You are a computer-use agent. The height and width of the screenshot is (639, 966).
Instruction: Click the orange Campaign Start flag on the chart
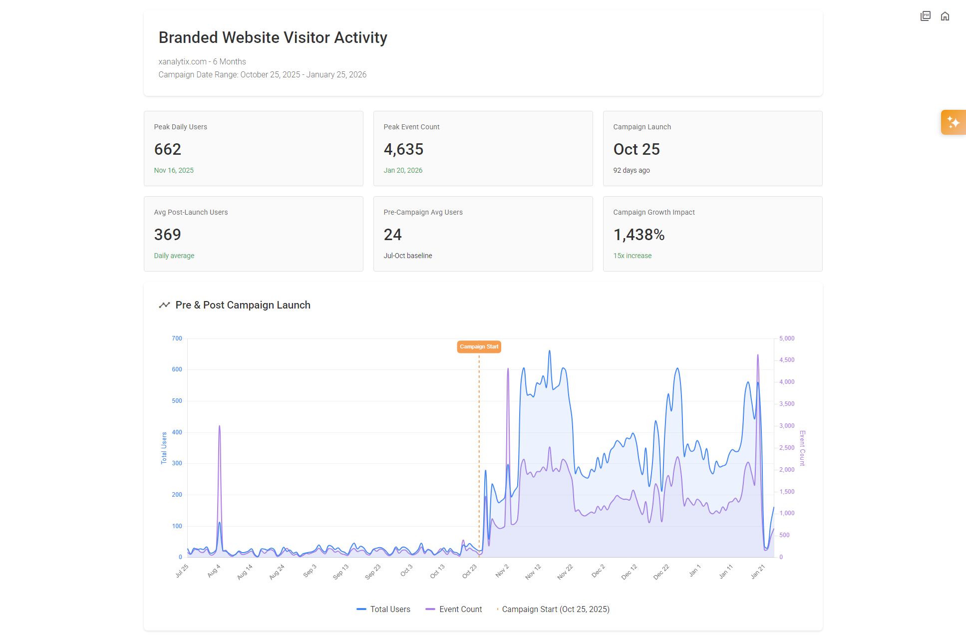[x=479, y=346]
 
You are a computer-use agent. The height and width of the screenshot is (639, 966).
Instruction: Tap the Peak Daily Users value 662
[x=167, y=149]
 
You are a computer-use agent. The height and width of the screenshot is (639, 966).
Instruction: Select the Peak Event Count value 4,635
[x=403, y=149]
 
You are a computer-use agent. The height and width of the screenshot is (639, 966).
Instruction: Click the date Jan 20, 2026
[x=403, y=170]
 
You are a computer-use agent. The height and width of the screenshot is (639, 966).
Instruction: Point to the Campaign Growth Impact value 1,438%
[x=639, y=235]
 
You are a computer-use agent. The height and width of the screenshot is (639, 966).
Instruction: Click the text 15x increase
[x=632, y=256]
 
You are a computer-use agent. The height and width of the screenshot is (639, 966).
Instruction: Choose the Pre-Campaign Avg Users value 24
[x=392, y=235]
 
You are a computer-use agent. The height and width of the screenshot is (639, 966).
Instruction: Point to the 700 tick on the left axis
[x=177, y=338]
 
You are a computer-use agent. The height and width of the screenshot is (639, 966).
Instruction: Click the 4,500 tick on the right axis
[x=787, y=360]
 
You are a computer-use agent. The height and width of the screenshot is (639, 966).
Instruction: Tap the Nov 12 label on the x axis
[x=533, y=572]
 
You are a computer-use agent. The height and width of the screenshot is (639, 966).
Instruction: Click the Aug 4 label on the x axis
[x=214, y=571]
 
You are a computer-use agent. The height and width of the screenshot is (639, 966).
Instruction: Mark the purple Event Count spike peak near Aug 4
[x=219, y=426]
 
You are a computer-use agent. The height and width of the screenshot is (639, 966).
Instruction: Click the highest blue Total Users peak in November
[x=550, y=351]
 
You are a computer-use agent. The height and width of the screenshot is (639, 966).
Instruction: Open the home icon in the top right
[x=945, y=16]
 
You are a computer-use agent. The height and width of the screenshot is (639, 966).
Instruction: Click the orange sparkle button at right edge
[x=953, y=122]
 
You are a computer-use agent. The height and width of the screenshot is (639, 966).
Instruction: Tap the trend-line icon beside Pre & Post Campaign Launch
[x=164, y=305]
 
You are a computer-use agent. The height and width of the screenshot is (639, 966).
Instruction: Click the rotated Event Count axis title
[x=802, y=448]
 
